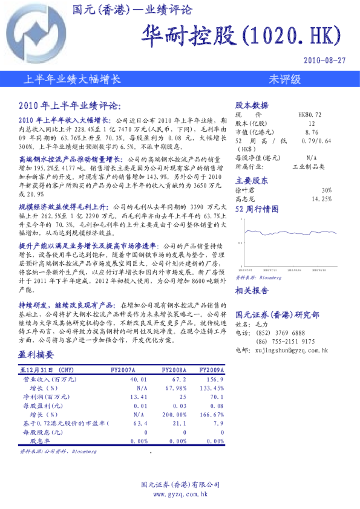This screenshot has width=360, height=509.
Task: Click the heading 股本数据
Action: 251,105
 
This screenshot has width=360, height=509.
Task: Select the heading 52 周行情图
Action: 257,209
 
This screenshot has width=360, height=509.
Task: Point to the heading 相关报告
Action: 251,291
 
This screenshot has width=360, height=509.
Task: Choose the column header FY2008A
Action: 174,370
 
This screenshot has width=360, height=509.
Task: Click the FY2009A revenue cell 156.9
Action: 215,379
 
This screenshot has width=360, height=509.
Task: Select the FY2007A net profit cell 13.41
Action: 139,397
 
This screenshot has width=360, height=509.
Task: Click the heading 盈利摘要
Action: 36,355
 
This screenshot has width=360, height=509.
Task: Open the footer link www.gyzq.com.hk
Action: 180,494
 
